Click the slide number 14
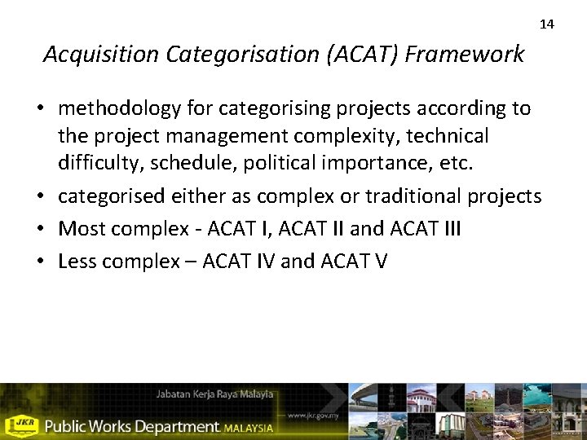tap(547, 24)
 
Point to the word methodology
tap(115, 108)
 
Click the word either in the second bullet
tap(223, 196)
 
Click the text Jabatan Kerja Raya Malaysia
tap(214, 394)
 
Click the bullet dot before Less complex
tap(47, 262)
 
